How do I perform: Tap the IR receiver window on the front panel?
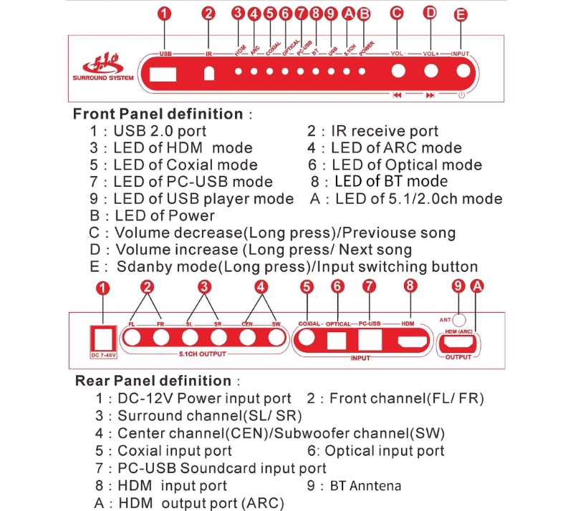coord(209,73)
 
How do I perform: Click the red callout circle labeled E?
coord(461,14)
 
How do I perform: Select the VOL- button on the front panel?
coord(398,72)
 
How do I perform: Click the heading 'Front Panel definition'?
coord(158,113)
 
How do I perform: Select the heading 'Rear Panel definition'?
coord(153,380)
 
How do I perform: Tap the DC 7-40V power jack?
coord(103,336)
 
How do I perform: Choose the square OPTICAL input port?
coord(337,341)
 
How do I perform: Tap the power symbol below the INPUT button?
coord(461,95)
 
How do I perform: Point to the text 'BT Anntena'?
coord(370,485)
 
